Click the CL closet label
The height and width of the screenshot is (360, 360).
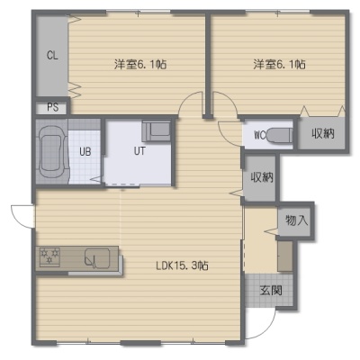[x=52, y=56]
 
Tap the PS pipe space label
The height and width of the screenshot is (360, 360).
[x=52, y=107]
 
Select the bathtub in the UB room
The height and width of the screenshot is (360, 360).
[x=52, y=151]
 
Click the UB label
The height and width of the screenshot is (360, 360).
[x=85, y=151]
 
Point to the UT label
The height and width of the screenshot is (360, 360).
[x=139, y=151]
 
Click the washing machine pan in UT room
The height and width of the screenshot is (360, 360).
[x=157, y=131]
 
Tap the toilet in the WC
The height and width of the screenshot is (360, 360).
[x=280, y=136]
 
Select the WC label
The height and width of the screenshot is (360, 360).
[x=260, y=136]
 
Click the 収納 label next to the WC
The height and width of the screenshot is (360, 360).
[x=323, y=133]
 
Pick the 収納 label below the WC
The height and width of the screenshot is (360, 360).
[x=262, y=177]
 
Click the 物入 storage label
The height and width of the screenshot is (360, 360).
[x=296, y=220]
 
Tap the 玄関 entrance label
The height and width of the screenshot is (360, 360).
[x=271, y=291]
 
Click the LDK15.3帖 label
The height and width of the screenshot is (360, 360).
[x=182, y=265]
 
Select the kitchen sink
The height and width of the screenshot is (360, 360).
[x=97, y=257]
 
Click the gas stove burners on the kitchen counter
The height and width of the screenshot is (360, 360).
[x=49, y=256]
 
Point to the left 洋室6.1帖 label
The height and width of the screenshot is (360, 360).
[x=140, y=64]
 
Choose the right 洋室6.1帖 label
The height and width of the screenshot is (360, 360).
[x=280, y=64]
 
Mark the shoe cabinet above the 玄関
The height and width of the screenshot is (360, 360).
[x=285, y=256]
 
